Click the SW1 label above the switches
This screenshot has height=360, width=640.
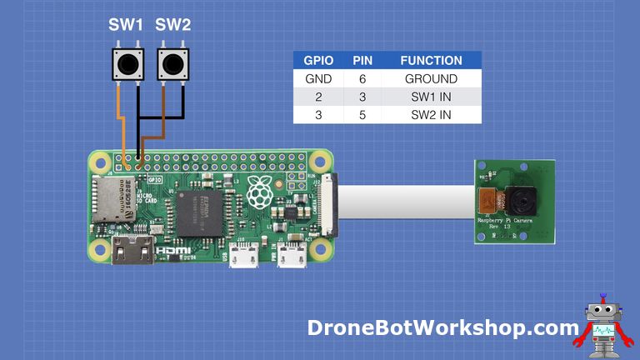[126, 25]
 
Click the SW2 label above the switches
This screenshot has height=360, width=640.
[173, 25]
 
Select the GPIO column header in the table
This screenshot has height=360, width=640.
[318, 61]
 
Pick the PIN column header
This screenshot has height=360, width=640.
[362, 61]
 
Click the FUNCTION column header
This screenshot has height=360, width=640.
[431, 61]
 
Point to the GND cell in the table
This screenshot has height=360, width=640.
[318, 79]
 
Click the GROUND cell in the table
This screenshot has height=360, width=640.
[431, 79]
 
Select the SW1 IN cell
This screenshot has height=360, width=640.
[431, 97]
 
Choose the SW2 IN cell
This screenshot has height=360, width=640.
[431, 114]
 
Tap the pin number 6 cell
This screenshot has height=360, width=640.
[362, 79]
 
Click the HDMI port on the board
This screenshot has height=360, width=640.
[132, 250]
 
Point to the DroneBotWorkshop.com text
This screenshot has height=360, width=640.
[442, 327]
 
